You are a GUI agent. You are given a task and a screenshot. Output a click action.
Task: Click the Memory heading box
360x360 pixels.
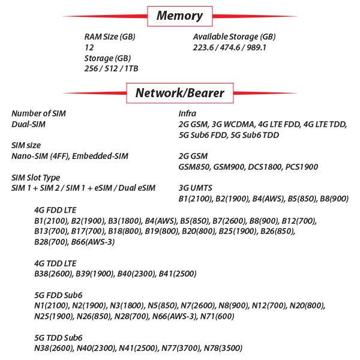(x=179, y=16)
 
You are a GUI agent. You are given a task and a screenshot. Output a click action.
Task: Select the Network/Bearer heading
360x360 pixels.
(x=179, y=93)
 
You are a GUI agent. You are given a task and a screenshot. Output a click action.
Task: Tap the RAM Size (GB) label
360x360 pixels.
(x=110, y=37)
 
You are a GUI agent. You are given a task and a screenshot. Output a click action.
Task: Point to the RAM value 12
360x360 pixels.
(x=89, y=47)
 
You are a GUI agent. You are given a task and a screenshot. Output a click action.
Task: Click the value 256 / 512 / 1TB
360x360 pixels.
(x=111, y=69)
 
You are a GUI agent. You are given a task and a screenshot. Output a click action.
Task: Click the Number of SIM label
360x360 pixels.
(x=39, y=113)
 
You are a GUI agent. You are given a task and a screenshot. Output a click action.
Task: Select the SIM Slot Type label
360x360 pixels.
(x=36, y=178)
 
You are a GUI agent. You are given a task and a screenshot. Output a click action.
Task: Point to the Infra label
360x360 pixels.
(x=187, y=113)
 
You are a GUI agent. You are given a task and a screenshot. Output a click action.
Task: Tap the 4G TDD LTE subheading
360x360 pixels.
(x=55, y=263)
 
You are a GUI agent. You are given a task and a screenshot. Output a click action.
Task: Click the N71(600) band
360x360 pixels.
(x=217, y=316)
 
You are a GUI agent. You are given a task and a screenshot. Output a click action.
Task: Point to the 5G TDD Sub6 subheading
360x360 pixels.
(x=58, y=338)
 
